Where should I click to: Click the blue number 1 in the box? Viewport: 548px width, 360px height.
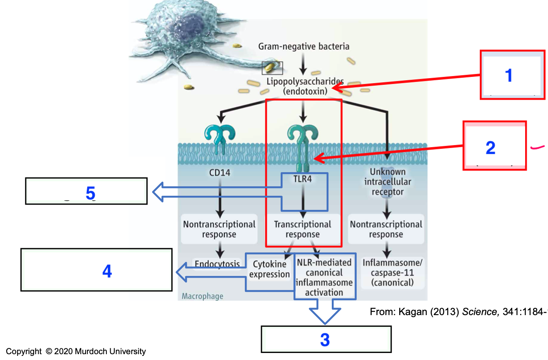(x=508, y=75)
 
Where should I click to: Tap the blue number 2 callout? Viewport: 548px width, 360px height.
(x=490, y=147)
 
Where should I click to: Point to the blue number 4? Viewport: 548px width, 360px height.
(x=107, y=271)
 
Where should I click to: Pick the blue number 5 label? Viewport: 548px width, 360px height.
(x=90, y=193)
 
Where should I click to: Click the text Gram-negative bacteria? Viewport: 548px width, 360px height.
(x=304, y=46)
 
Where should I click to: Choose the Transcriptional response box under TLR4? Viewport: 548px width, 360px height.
(x=302, y=229)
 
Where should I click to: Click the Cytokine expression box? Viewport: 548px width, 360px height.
(x=269, y=269)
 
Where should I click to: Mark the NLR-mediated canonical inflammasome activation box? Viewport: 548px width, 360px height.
(x=324, y=277)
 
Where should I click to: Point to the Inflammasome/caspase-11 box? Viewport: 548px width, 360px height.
(x=387, y=273)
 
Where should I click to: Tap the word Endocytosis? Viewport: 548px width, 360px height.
(x=217, y=264)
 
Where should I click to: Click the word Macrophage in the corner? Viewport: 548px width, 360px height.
(x=202, y=296)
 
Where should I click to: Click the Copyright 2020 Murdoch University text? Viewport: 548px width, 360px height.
(x=76, y=352)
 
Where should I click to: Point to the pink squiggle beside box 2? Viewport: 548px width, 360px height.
(x=538, y=147)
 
